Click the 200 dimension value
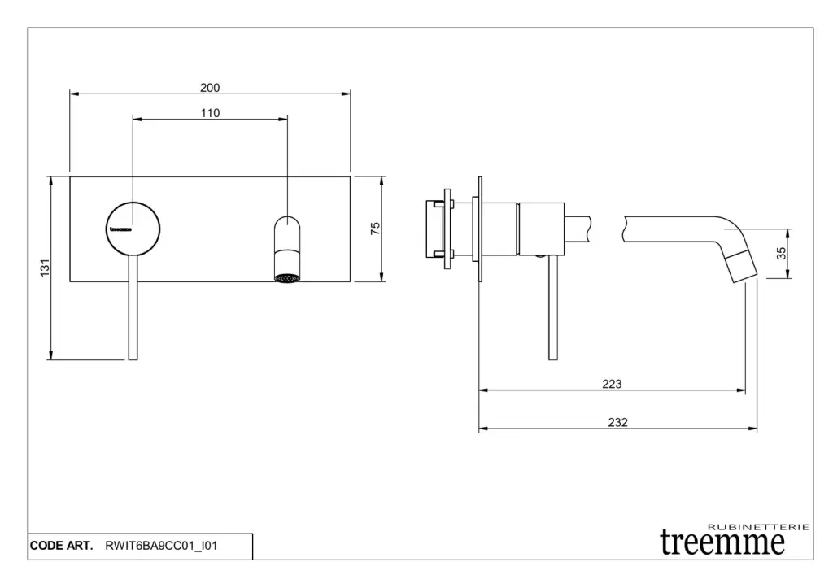click(x=210, y=88)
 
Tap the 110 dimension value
click(x=210, y=113)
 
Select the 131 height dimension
click(x=46, y=268)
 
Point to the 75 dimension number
click(x=375, y=229)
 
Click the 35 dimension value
click(x=781, y=254)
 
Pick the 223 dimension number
click(x=612, y=384)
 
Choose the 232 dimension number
click(x=618, y=422)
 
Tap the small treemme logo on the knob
click(x=120, y=229)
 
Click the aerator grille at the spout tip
click(x=287, y=278)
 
